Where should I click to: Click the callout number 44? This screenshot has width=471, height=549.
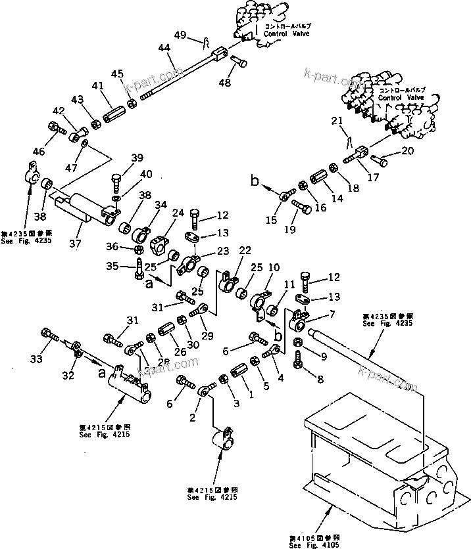pos(164,48)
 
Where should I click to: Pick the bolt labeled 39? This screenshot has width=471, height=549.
pos(116,181)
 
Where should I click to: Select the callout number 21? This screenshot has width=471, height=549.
pos(337,121)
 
